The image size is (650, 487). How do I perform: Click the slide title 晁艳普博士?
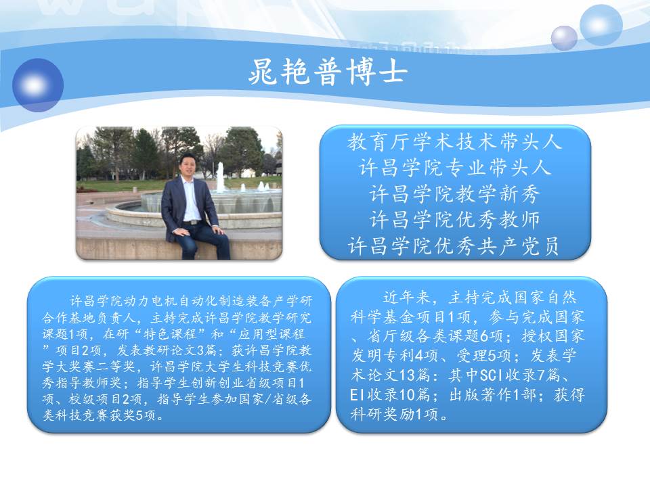click(x=328, y=72)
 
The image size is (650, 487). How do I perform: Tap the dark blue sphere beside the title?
click(x=38, y=85)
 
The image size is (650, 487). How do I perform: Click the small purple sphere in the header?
click(x=564, y=38)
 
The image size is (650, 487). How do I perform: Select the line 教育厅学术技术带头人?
click(x=455, y=142)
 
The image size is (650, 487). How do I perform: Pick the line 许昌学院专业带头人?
click(x=455, y=168)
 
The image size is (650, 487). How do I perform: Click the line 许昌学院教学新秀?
click(x=455, y=194)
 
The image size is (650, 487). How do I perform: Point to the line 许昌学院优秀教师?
click(x=455, y=219)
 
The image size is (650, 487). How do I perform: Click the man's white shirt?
click(x=191, y=199)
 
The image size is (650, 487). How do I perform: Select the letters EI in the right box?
click(x=357, y=394)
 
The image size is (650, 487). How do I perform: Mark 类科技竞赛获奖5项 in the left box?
click(x=100, y=415)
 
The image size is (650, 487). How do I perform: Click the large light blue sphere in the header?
click(x=601, y=25)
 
